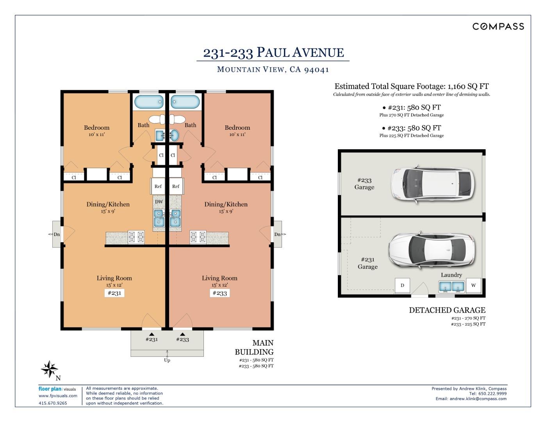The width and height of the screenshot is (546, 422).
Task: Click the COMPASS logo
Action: (498, 27)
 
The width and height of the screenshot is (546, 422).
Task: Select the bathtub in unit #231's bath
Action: (149, 102)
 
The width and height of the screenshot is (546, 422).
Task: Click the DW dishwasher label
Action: (159, 202)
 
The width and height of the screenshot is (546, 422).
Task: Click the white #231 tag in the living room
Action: (114, 293)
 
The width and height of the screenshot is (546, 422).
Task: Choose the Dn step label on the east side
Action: (277, 234)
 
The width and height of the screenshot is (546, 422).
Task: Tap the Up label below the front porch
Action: (167, 360)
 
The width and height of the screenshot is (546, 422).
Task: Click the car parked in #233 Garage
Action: (433, 184)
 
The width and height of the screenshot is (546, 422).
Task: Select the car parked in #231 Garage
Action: (432, 250)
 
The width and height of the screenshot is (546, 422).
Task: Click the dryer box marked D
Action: (402, 285)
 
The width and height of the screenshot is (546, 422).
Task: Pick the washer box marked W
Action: (473, 285)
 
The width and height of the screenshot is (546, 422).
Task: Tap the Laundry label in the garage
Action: (451, 275)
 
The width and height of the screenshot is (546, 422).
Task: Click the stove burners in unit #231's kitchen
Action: (136, 237)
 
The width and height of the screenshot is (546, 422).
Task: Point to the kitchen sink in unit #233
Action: (175, 218)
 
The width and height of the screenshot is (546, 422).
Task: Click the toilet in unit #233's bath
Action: (177, 120)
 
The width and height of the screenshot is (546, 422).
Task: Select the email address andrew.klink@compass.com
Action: (478, 399)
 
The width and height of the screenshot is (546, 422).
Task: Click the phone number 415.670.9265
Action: (53, 403)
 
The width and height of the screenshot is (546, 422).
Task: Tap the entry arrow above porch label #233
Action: (183, 334)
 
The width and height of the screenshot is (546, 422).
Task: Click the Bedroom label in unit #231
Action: (97, 128)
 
